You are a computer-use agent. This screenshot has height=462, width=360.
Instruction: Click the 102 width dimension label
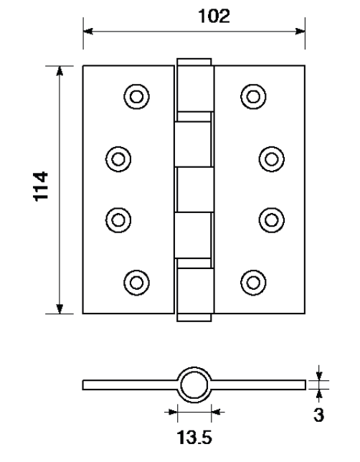(214, 16)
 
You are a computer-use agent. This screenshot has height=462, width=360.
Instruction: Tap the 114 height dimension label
(40, 187)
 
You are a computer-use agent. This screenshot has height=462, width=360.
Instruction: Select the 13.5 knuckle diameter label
(194, 437)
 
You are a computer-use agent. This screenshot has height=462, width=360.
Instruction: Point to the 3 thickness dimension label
(318, 415)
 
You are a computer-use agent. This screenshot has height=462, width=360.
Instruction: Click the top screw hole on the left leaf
(136, 97)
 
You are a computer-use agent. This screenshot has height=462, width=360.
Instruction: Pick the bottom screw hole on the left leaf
(136, 283)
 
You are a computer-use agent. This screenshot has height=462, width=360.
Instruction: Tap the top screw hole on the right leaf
(253, 97)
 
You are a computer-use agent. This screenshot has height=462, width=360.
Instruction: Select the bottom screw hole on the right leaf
(253, 283)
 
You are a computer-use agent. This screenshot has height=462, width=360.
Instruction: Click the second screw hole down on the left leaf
(118, 159)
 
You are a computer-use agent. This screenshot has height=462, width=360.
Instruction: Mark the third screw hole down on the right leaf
(272, 220)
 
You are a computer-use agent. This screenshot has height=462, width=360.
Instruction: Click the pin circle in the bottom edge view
(194, 385)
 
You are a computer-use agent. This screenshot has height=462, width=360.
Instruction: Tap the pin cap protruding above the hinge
(194, 62)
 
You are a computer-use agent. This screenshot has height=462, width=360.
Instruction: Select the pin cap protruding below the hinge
(194, 317)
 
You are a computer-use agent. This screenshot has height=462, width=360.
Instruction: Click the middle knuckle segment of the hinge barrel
(195, 189)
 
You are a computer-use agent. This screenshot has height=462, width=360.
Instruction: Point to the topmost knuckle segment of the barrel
(195, 89)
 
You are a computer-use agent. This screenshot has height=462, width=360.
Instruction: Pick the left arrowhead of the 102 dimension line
(87, 31)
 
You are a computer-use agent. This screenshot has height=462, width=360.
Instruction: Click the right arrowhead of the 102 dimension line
(300, 31)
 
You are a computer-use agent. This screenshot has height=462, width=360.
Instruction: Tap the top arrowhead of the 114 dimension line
(60, 71)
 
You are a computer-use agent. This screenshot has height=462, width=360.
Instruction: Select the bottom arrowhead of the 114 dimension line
(60, 308)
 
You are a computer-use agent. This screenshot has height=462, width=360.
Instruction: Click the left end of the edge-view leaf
(83, 385)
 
